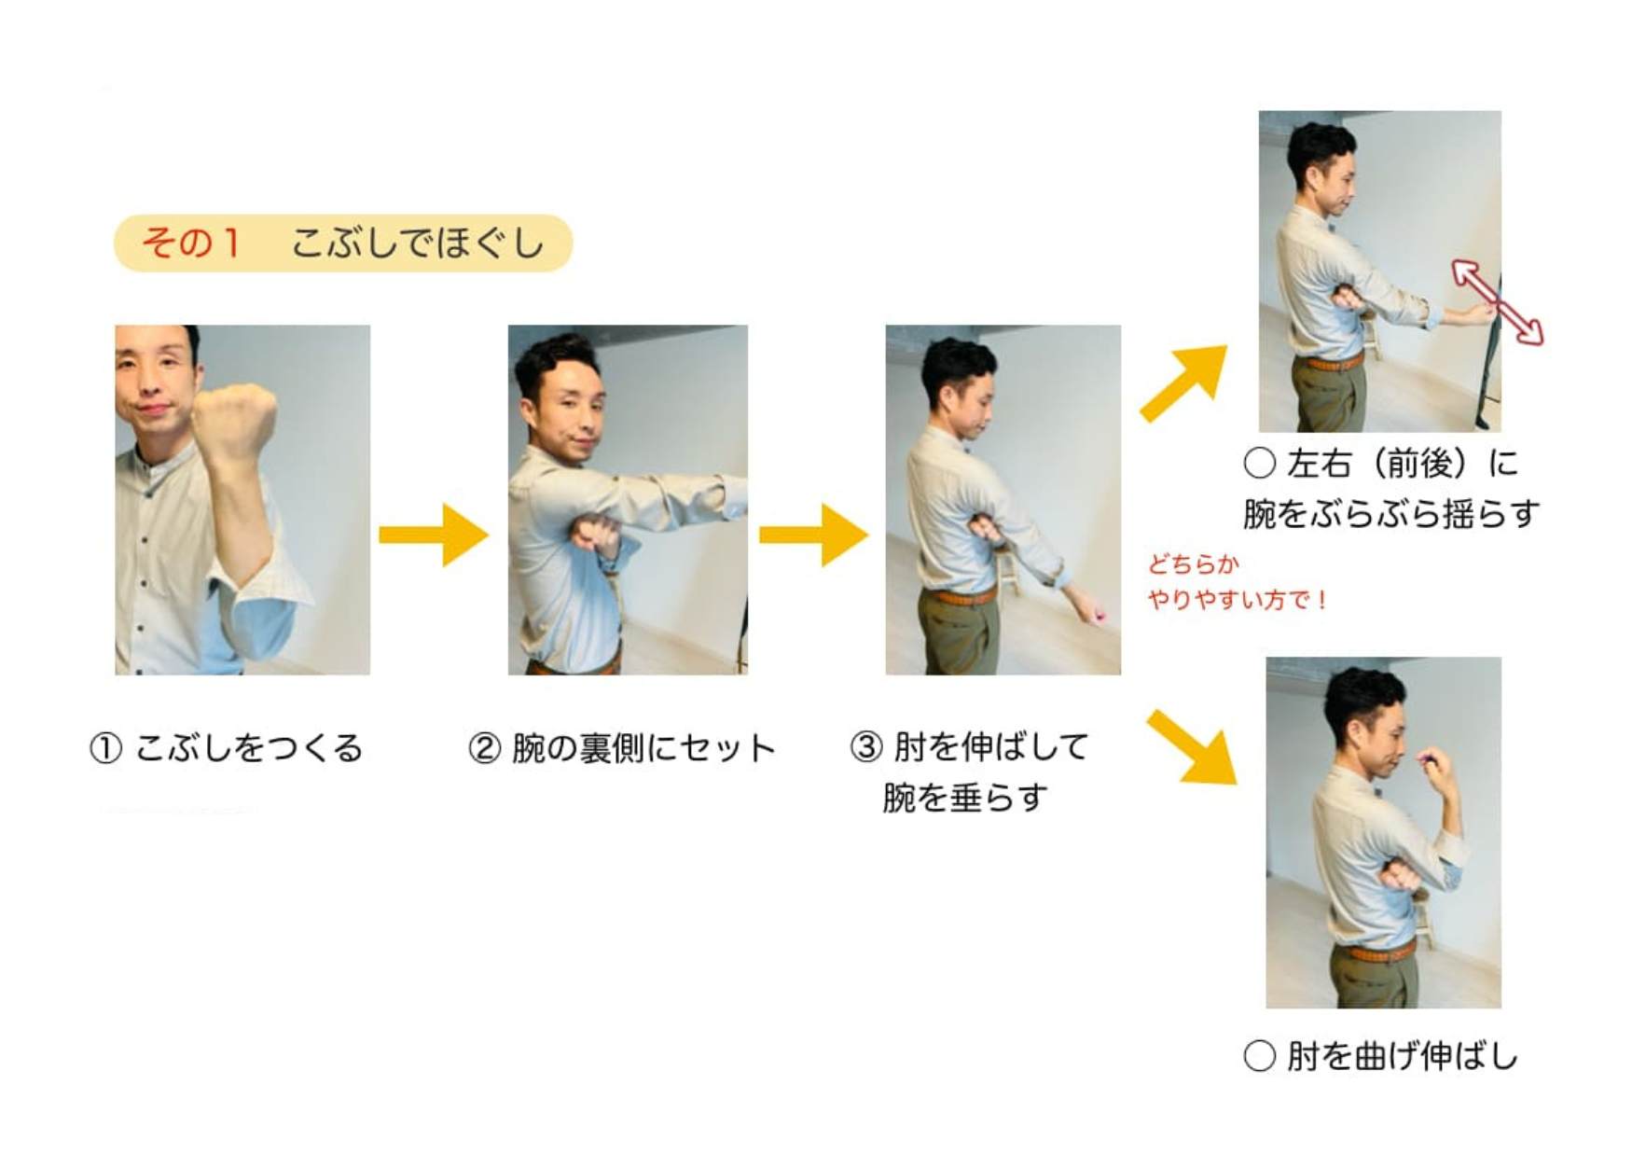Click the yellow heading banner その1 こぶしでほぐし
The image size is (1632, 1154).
[x=343, y=243]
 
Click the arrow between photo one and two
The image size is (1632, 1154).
[x=434, y=535]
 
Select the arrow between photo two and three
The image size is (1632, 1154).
[x=814, y=535]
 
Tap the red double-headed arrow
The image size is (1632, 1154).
[x=1498, y=302]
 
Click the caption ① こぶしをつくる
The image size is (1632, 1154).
[x=226, y=748]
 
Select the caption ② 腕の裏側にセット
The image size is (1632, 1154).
[x=622, y=748]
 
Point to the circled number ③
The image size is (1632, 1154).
[x=865, y=747]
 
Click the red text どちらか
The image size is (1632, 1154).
[x=1193, y=563]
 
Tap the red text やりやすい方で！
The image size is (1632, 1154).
[x=1238, y=599]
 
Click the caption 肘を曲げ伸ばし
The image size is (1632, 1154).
[x=1403, y=1056]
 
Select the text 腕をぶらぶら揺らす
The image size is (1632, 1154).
[x=1391, y=514]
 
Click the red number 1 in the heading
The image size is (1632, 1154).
[x=230, y=243]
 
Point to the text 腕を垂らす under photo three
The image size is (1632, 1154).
[x=965, y=799]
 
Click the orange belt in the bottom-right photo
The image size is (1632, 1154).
[x=1376, y=952]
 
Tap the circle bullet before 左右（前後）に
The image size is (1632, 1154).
[x=1260, y=463]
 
